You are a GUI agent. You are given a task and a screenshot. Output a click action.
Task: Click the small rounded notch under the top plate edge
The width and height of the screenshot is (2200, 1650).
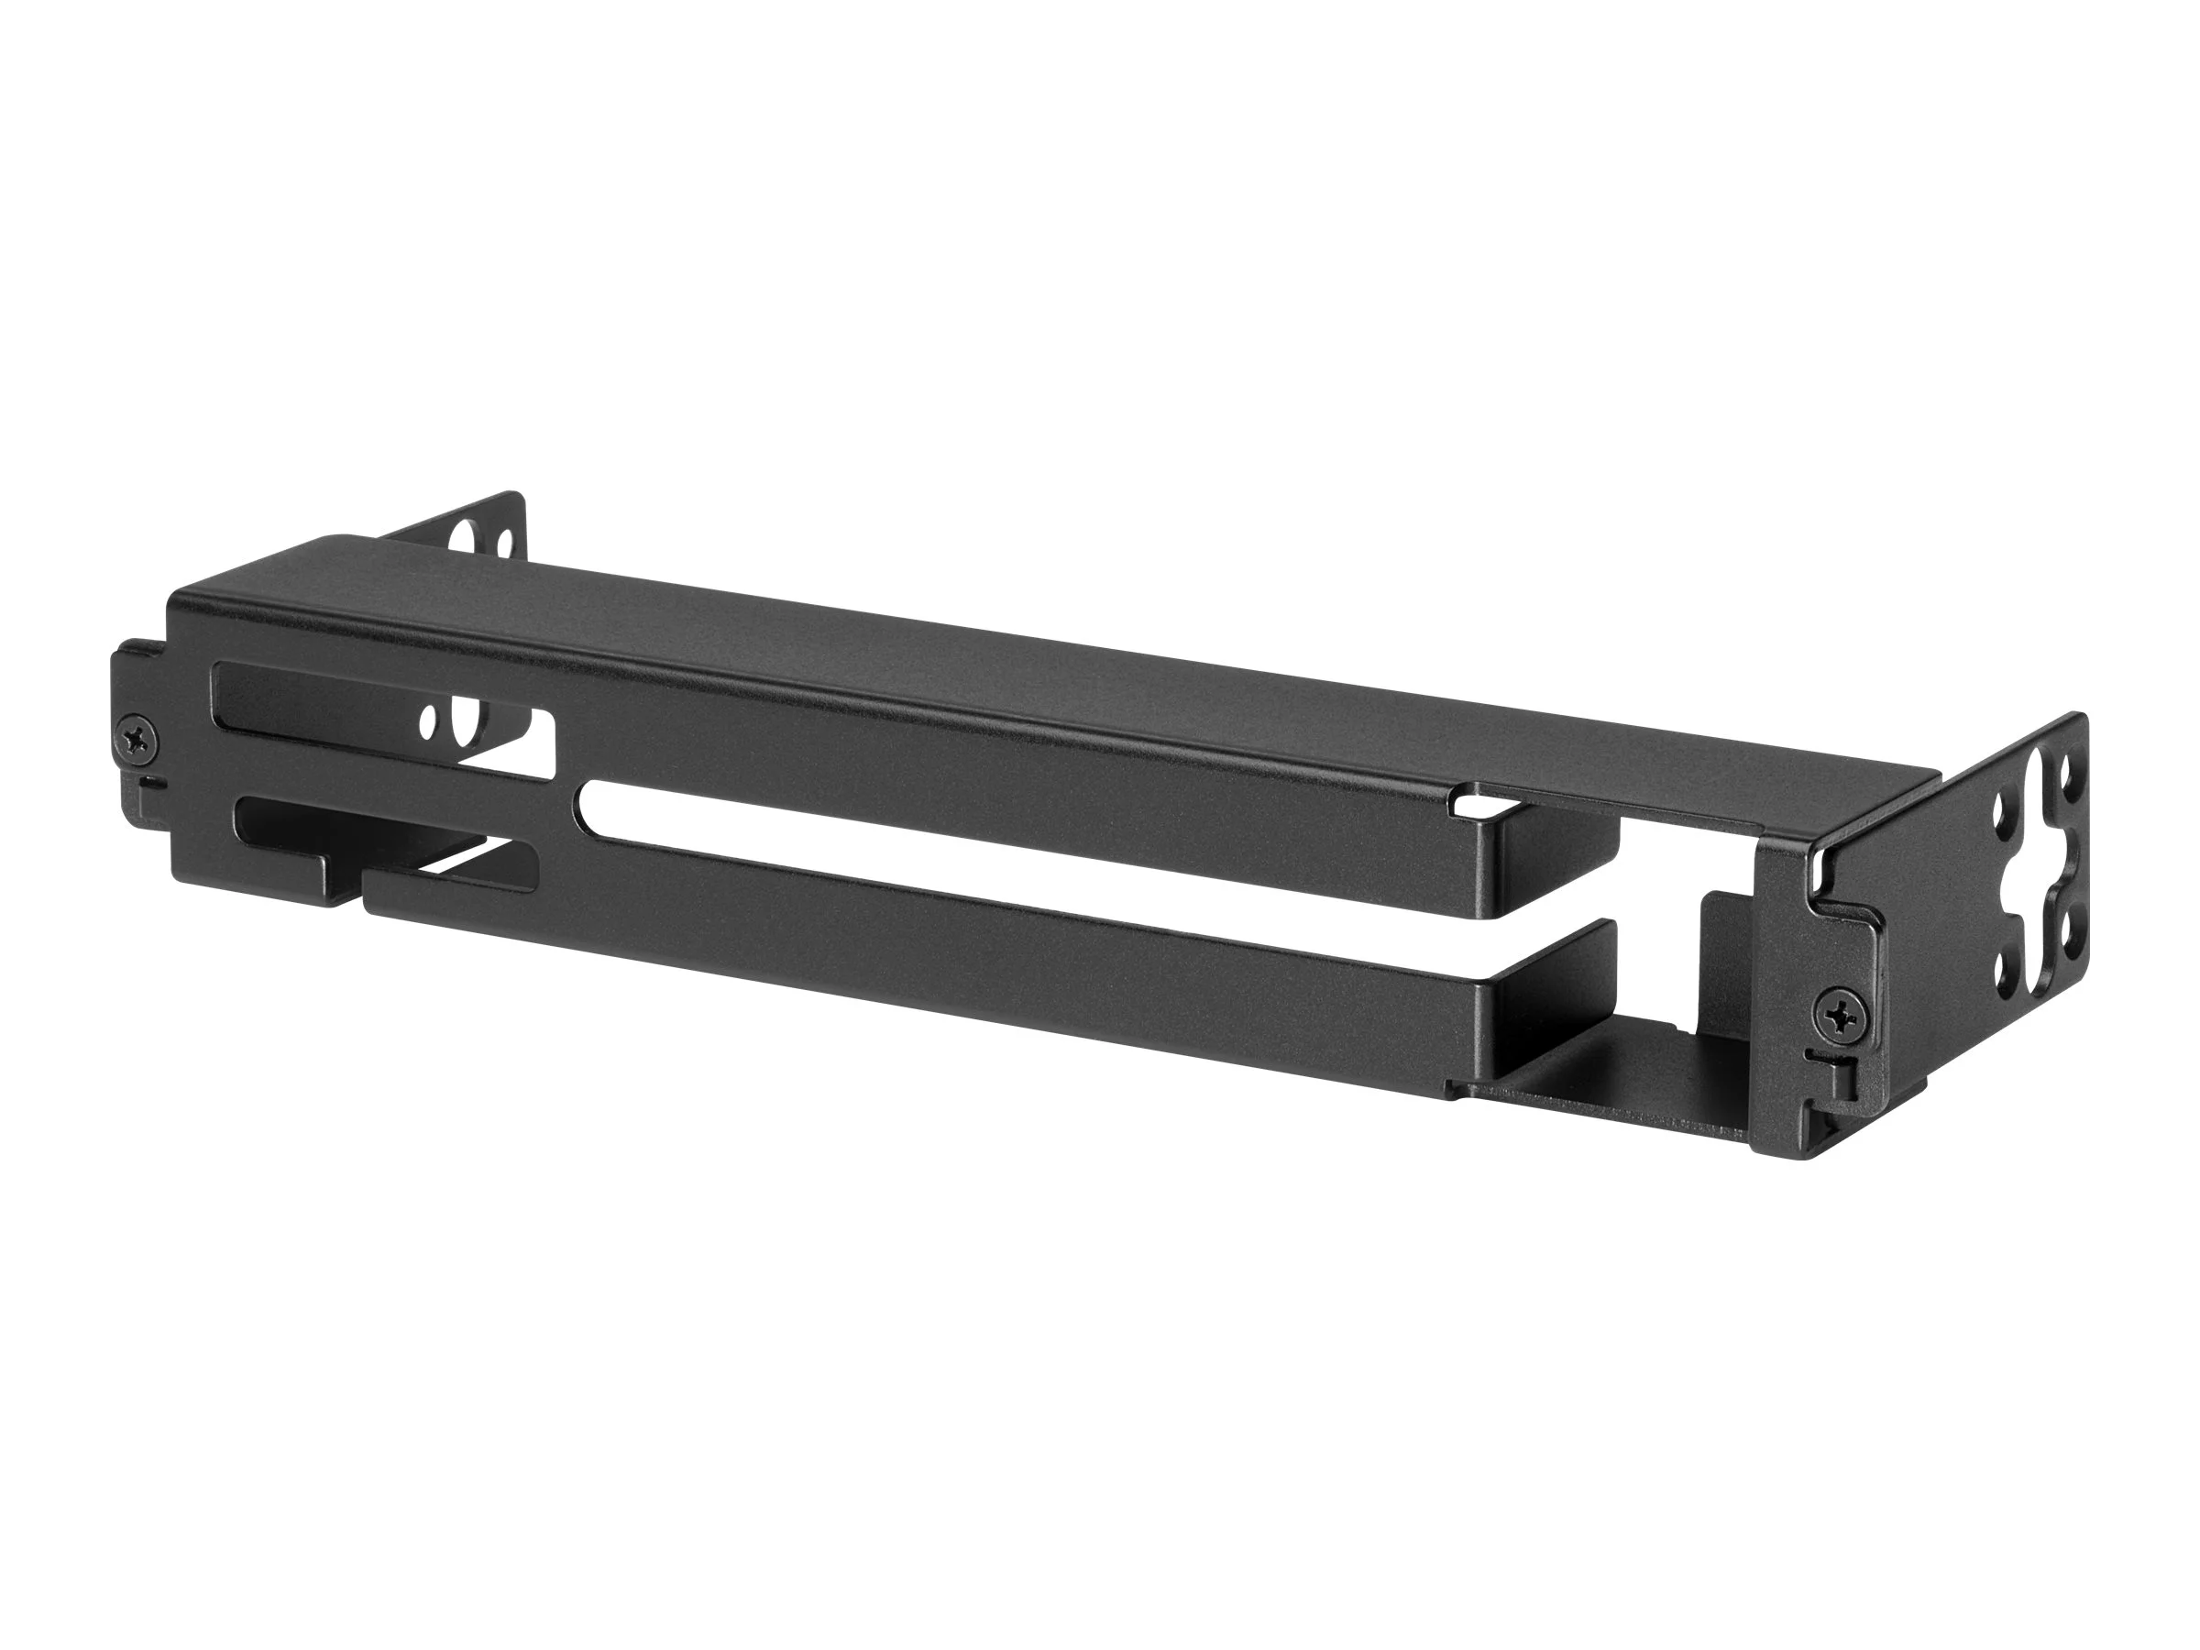(x=1466, y=797)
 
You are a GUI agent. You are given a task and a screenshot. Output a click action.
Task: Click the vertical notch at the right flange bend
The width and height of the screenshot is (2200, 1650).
(x=1818, y=870)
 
